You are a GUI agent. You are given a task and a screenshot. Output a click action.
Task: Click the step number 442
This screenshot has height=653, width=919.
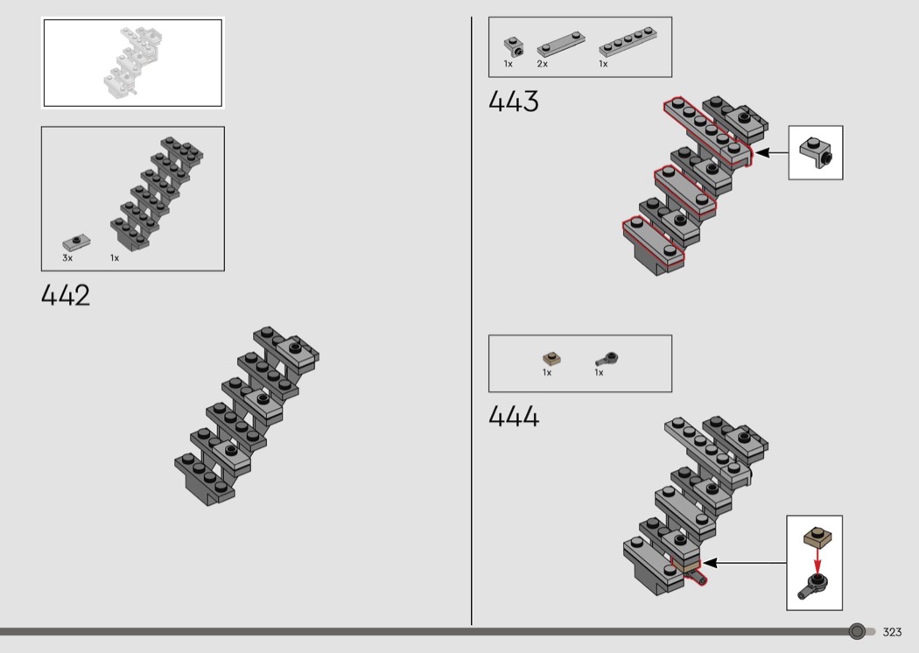pyautogui.click(x=66, y=295)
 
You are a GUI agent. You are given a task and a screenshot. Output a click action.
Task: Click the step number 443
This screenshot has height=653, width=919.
pyautogui.click(x=514, y=101)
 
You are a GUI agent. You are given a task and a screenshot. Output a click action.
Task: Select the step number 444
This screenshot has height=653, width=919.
pyautogui.click(x=514, y=416)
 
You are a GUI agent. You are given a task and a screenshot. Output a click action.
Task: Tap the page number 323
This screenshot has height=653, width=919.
pyautogui.click(x=892, y=632)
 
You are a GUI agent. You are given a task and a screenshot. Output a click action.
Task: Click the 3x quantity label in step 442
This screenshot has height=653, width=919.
pyautogui.click(x=67, y=258)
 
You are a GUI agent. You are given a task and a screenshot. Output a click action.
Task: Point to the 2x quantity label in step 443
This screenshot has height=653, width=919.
pyautogui.click(x=542, y=64)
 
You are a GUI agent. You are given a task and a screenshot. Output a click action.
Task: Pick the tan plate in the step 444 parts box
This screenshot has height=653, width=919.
pyautogui.click(x=551, y=358)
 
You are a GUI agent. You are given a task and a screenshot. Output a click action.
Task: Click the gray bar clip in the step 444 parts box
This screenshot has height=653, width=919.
pyautogui.click(x=607, y=360)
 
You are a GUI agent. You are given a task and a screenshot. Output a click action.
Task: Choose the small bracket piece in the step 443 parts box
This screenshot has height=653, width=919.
pyautogui.click(x=514, y=47)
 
